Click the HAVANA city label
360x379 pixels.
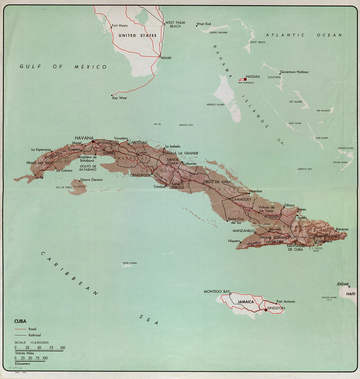(84, 138)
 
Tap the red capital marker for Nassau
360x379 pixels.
(245, 79)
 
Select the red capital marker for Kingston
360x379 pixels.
(266, 310)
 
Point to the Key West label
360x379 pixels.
(119, 98)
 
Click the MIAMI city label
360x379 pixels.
(166, 57)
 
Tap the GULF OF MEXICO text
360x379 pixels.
(63, 67)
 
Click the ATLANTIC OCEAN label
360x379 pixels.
(304, 35)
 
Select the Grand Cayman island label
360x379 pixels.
(130, 263)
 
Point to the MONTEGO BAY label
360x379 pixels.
(217, 292)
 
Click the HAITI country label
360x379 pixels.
(350, 294)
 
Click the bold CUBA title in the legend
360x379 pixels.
(20, 321)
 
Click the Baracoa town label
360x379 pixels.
(342, 229)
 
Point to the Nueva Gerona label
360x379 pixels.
(91, 180)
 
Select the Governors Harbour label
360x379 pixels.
(294, 72)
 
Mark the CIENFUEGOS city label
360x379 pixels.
(140, 175)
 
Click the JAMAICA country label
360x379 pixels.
(246, 302)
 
